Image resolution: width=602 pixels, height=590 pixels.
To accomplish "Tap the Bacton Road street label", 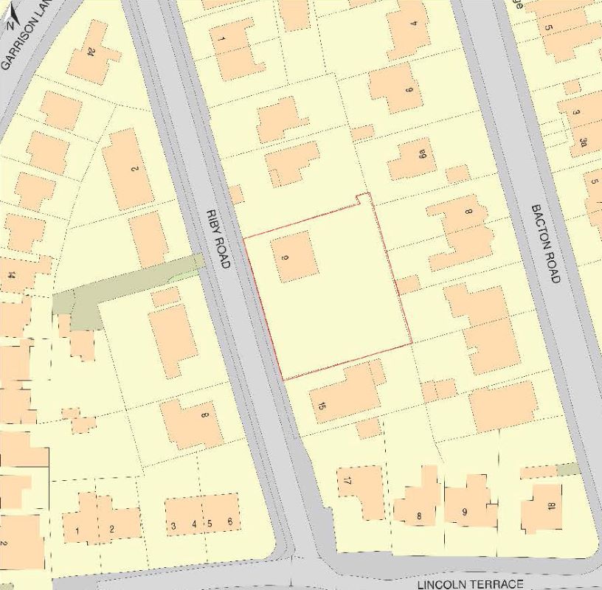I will click(547, 243).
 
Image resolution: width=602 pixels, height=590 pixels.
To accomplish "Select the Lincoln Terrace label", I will click(470, 584).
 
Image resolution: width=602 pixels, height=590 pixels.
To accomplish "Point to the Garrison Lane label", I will click(16, 44).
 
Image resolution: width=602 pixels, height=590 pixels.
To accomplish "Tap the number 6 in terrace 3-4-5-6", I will click(230, 522).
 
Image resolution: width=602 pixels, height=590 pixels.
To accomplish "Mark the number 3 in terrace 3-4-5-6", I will click(173, 525).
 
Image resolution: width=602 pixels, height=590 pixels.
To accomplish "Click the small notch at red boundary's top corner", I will click(361, 198).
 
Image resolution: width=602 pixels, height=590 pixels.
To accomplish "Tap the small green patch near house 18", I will click(567, 469).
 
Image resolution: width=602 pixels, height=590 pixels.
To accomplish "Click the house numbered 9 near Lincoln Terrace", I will click(465, 509).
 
